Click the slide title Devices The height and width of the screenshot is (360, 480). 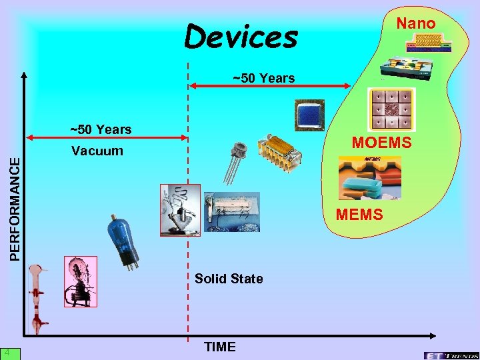point(241,37)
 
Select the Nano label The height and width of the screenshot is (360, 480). point(416,24)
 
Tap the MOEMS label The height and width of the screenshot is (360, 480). point(382,143)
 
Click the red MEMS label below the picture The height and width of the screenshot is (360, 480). point(359,214)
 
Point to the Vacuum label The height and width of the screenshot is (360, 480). point(97,151)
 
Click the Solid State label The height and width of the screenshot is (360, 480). point(229,278)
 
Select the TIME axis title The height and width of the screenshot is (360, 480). point(220,347)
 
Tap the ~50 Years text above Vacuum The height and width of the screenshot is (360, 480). point(101,129)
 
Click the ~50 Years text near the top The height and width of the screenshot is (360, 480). point(263,78)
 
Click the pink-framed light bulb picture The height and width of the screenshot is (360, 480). point(80,281)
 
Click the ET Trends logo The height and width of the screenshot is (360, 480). point(450,353)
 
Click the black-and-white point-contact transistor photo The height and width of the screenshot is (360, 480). point(179,210)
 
